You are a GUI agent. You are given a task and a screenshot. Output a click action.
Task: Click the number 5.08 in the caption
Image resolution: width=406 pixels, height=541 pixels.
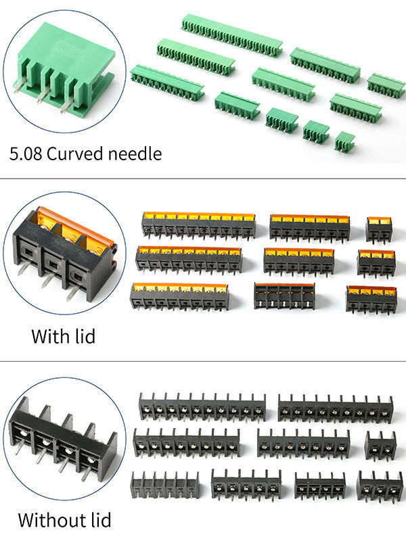point(26,154)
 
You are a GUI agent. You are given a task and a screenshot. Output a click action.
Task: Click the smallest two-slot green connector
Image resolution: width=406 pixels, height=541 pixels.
point(344,141)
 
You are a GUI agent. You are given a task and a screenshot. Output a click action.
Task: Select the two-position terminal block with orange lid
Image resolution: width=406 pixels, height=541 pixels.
point(379,229)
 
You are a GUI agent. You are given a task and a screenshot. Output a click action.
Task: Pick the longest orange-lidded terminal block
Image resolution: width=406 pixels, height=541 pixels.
point(198,225)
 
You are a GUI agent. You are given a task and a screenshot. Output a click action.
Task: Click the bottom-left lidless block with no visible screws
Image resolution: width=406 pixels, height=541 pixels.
point(164,484)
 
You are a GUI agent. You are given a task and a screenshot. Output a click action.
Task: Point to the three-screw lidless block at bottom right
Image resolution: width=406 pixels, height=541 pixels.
point(379,485)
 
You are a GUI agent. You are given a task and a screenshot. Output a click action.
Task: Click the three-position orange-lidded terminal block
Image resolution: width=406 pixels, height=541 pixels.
point(376,262)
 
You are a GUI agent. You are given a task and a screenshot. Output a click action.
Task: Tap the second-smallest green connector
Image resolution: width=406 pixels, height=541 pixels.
point(316,131)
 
